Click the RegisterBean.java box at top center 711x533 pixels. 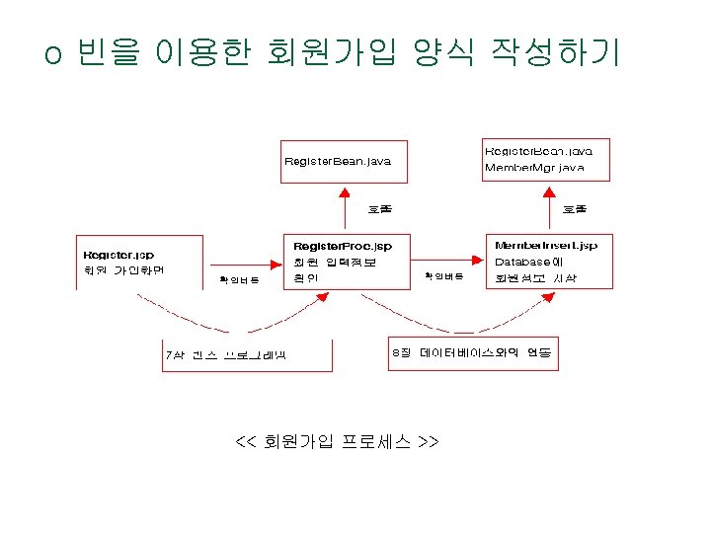[x=344, y=162]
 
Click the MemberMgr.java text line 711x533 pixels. [x=534, y=168]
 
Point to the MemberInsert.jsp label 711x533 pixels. [x=546, y=245]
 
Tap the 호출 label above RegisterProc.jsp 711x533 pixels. [x=379, y=209]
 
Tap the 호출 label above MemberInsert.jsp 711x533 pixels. [x=574, y=209]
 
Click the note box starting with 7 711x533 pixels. [x=247, y=355]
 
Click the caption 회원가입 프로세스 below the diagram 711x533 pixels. [x=337, y=440]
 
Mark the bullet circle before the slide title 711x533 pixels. [x=53, y=55]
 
